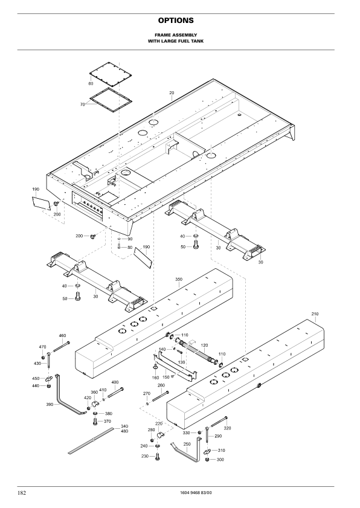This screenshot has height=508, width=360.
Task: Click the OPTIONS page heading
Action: click(x=176, y=21)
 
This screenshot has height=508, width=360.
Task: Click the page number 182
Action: click(x=22, y=493)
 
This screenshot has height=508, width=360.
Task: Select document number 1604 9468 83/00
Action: click(x=196, y=493)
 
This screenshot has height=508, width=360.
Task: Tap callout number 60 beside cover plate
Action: click(x=91, y=83)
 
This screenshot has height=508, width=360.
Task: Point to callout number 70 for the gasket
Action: click(x=82, y=104)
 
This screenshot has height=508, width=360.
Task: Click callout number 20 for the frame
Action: click(x=172, y=92)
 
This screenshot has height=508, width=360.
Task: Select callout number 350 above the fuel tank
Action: click(x=179, y=279)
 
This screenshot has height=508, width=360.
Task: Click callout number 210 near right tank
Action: click(x=315, y=313)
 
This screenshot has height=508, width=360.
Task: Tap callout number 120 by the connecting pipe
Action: click(x=205, y=346)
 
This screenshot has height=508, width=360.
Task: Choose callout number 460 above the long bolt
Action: click(x=62, y=336)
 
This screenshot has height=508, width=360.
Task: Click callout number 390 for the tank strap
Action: click(x=50, y=404)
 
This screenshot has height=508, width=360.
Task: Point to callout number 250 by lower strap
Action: click(x=187, y=444)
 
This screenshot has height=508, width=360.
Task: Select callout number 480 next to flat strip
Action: click(x=124, y=431)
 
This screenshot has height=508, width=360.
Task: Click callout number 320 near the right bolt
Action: click(x=228, y=428)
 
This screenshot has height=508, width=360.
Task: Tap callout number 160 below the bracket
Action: click(x=155, y=378)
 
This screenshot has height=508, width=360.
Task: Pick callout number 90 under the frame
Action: click(x=130, y=239)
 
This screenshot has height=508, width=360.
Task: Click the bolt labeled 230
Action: click(x=158, y=457)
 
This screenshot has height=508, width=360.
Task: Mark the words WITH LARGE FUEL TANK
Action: click(x=176, y=41)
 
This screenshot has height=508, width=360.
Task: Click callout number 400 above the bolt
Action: click(x=115, y=382)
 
